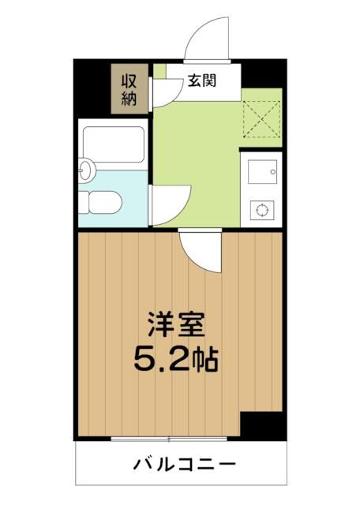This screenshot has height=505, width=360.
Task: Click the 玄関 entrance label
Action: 201,80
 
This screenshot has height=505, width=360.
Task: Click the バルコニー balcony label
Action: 181,462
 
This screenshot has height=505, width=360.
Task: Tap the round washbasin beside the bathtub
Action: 86,168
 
